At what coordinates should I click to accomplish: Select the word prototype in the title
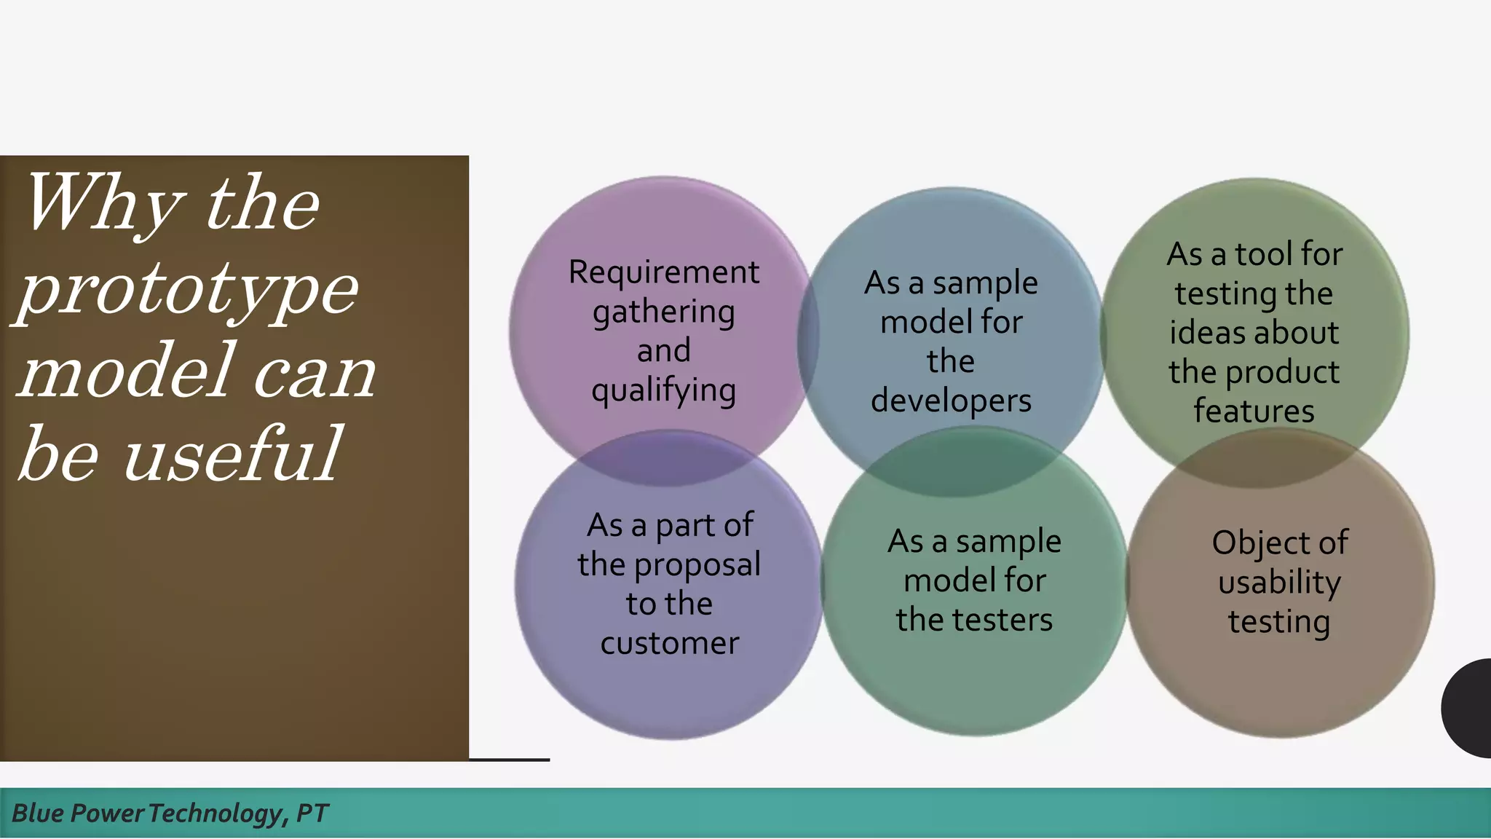click(189, 289)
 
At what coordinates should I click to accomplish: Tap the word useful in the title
click(232, 454)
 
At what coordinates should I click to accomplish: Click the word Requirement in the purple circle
click(663, 272)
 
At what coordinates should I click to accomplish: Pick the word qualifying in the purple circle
click(663, 391)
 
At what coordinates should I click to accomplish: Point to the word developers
click(951, 401)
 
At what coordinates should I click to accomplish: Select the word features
click(1254, 411)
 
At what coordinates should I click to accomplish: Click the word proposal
click(697, 565)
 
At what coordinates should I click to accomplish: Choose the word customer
click(669, 643)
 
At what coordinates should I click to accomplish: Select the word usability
click(1279, 583)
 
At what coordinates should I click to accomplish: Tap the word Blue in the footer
click(38, 813)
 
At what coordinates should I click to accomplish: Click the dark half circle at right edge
click(1469, 708)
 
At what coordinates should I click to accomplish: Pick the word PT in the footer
click(312, 813)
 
